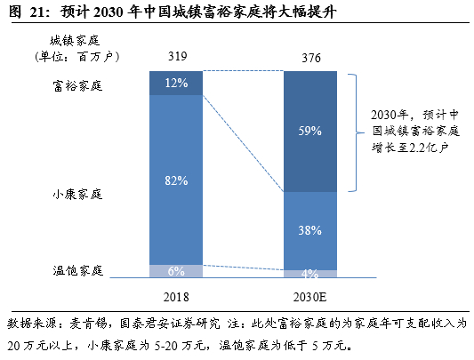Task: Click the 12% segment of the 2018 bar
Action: pos(176,83)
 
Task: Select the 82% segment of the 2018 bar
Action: pos(176,180)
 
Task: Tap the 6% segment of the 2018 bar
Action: pos(176,271)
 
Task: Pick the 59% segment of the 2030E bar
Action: pos(309,132)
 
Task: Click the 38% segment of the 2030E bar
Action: pos(309,229)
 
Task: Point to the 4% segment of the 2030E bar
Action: pos(309,274)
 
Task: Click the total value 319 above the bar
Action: pos(177,58)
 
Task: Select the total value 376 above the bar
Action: pos(310,58)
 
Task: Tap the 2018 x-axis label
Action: pos(177,297)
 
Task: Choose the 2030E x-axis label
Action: pos(310,297)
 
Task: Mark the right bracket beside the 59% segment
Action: pos(355,132)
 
